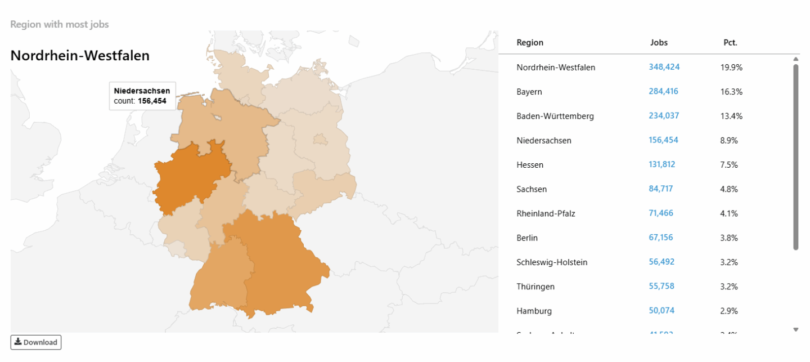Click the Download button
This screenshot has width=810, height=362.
36,342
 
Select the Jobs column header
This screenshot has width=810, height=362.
659,43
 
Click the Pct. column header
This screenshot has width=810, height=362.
730,43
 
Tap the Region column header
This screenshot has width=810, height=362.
530,43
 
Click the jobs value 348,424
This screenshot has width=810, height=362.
664,67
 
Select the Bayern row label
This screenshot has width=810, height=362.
529,92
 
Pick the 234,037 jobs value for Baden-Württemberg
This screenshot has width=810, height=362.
664,116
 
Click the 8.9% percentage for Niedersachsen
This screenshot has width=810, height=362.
728,140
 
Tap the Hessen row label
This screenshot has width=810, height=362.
530,165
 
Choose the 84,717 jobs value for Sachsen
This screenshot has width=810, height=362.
661,189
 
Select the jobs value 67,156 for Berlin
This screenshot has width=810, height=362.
661,238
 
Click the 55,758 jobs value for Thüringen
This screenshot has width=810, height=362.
661,287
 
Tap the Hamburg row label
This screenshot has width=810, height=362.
534,311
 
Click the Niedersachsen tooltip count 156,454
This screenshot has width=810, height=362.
152,101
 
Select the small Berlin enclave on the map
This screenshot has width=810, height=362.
320,139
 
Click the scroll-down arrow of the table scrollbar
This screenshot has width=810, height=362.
795,329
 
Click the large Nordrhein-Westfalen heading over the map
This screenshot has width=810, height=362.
80,56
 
